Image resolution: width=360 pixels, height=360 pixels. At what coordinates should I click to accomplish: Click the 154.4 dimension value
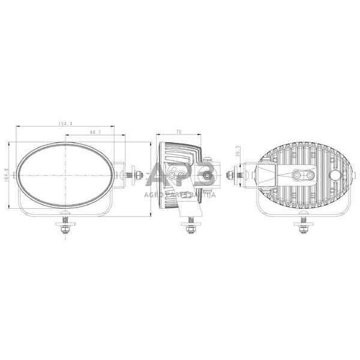tap(65, 124)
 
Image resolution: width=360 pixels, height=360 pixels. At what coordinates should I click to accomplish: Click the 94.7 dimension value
tap(94, 131)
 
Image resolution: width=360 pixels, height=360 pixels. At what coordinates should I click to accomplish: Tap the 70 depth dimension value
tap(179, 131)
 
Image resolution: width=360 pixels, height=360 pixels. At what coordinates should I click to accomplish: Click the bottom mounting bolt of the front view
tap(64, 226)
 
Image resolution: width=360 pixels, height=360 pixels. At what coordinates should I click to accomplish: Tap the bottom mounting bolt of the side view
tap(190, 227)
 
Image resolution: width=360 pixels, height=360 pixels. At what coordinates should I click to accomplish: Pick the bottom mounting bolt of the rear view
tap(303, 226)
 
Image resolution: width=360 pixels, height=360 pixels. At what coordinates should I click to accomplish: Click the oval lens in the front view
tap(65, 175)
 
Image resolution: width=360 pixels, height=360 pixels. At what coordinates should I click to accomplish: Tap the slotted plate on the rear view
tap(304, 175)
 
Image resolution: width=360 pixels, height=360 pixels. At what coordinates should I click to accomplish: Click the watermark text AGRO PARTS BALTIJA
tap(180, 193)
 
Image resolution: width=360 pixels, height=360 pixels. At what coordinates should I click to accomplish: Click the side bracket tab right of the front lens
tap(120, 175)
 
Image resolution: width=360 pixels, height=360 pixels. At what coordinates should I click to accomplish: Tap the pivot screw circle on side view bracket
tap(208, 176)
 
